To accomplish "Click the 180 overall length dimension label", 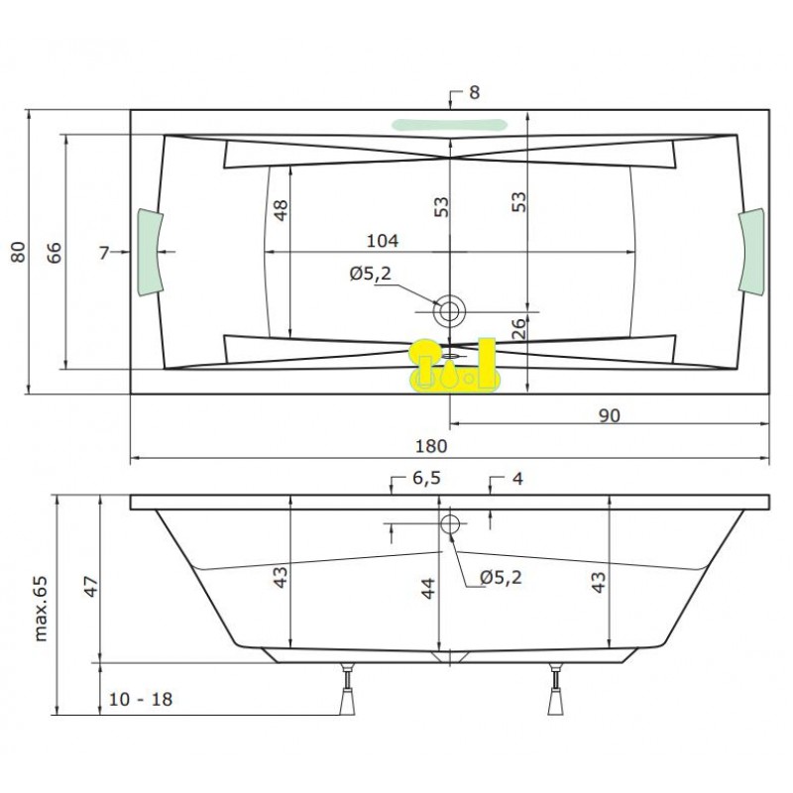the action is tap(431, 446).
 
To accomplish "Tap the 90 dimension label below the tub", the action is tap(609, 415).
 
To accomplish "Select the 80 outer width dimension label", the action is tap(18, 252).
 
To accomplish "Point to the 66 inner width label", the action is tap(55, 253).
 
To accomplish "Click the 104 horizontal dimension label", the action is tap(383, 241).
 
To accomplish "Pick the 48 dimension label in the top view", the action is tap(281, 210).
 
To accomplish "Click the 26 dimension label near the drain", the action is tap(518, 328).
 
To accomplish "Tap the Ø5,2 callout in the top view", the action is tap(370, 274).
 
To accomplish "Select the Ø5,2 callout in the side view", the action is tap(501, 577).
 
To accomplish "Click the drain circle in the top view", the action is tap(449, 311).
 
